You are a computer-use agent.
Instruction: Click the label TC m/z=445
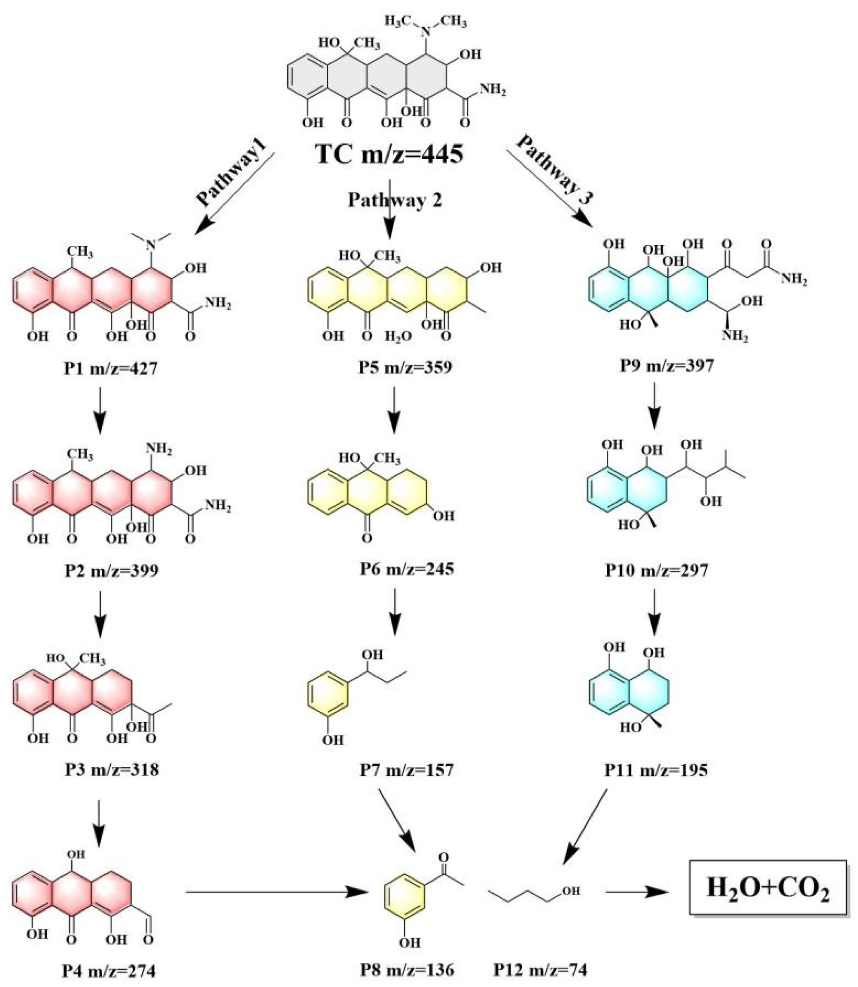[x=389, y=155]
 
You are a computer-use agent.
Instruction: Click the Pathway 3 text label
[x=554, y=171]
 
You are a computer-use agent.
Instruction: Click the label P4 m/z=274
[x=109, y=971]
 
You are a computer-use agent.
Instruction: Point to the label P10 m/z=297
[x=657, y=571]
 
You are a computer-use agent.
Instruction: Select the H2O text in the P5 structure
[x=399, y=337]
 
